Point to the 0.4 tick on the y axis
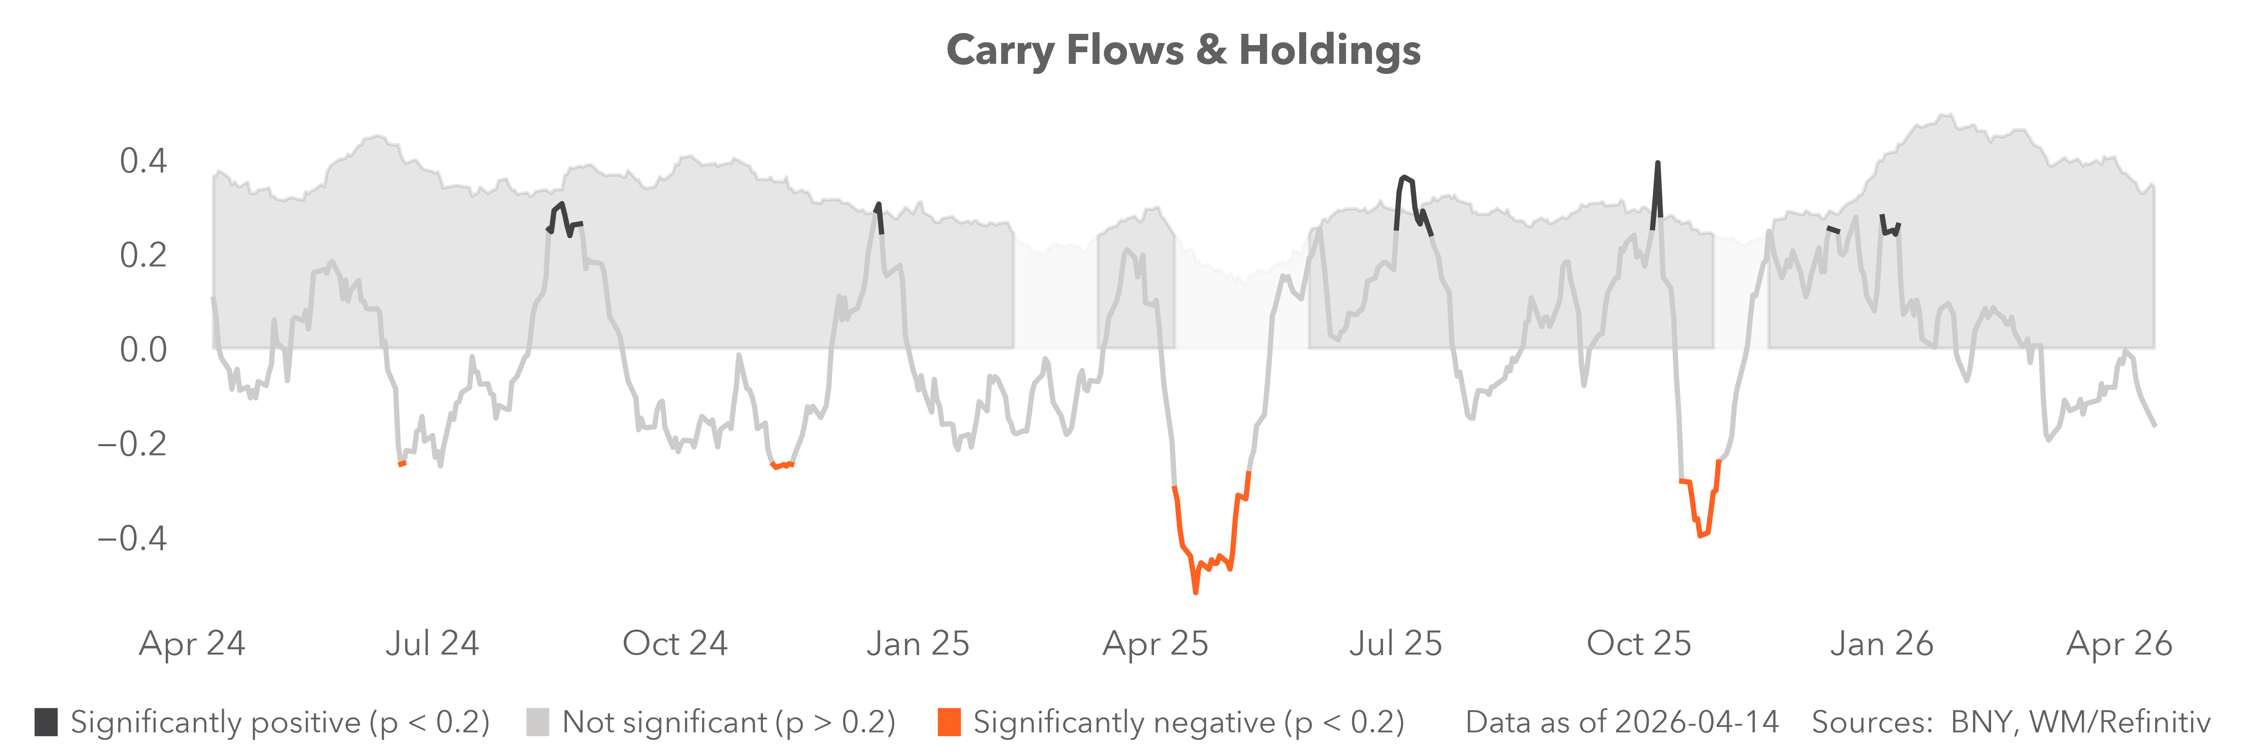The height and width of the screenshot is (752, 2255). [x=143, y=161]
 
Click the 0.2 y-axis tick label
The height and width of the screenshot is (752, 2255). [x=143, y=256]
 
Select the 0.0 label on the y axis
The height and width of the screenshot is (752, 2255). [x=143, y=350]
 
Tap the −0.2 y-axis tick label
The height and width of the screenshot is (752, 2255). [x=131, y=444]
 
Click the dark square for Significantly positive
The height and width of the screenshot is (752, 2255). [x=46, y=722]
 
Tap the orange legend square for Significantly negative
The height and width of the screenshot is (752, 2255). [x=949, y=722]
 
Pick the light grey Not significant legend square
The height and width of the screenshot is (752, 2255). [x=537, y=722]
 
